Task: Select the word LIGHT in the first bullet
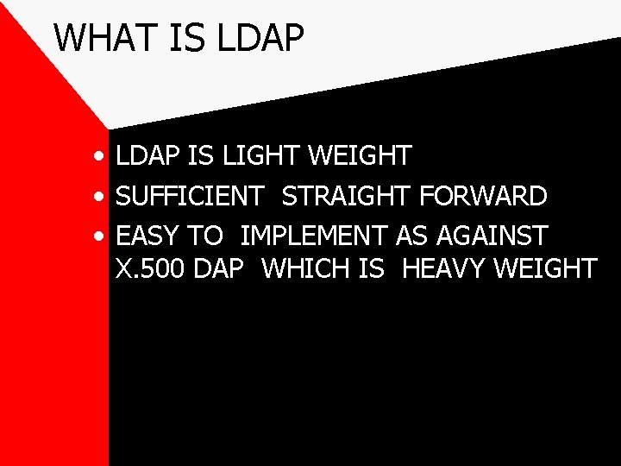256,156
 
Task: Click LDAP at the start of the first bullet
146,156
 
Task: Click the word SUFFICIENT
189,196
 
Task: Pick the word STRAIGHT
348,196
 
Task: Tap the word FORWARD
484,196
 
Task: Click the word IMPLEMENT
315,235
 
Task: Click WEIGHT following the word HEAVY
545,268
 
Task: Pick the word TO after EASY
206,235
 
